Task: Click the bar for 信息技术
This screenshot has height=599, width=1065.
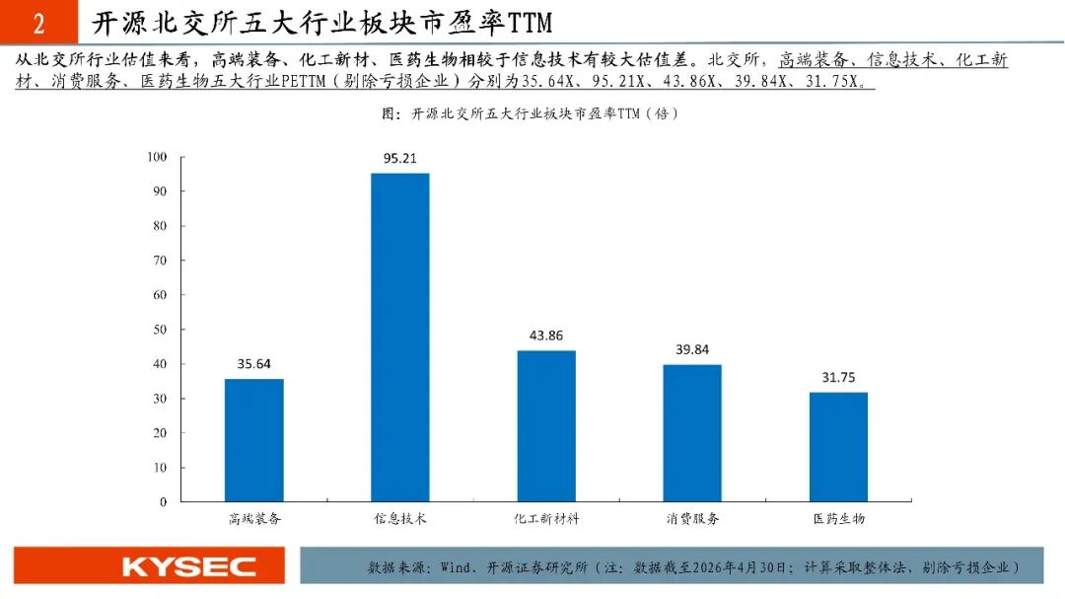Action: pyautogui.click(x=400, y=337)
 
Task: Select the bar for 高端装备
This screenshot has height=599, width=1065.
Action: pyautogui.click(x=254, y=440)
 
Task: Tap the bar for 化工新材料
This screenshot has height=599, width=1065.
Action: pyautogui.click(x=546, y=425)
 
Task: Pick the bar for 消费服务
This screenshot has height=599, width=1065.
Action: pyautogui.click(x=692, y=433)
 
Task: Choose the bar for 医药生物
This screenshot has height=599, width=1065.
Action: pyautogui.click(x=838, y=447)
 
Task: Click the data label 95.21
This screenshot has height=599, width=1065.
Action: pyautogui.click(x=400, y=159)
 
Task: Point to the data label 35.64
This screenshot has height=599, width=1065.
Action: pyautogui.click(x=254, y=364)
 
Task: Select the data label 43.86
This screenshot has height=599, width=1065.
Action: pyautogui.click(x=546, y=336)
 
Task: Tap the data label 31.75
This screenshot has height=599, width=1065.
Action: pyautogui.click(x=838, y=377)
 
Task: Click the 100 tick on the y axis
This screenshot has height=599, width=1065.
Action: pyautogui.click(x=157, y=157)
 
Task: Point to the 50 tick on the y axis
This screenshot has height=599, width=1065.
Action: pyautogui.click(x=160, y=330)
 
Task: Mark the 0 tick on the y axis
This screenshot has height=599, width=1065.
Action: pyautogui.click(x=163, y=501)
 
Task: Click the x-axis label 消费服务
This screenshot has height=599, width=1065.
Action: pyautogui.click(x=692, y=519)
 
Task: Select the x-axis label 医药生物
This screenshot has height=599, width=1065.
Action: pyautogui.click(x=839, y=519)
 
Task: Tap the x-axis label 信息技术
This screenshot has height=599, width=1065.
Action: pyautogui.click(x=400, y=519)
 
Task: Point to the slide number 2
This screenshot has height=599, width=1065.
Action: pyautogui.click(x=38, y=24)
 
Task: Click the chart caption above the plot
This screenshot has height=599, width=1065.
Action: pyautogui.click(x=530, y=113)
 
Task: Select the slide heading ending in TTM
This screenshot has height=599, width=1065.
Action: pyautogui.click(x=321, y=23)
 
